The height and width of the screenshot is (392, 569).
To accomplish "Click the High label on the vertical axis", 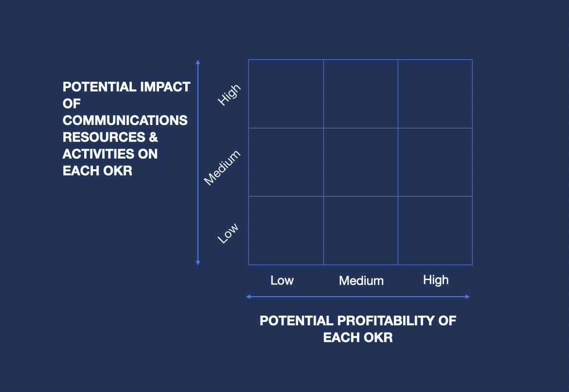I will pos(229,94).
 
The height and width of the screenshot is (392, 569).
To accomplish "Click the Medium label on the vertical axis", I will pos(222,168).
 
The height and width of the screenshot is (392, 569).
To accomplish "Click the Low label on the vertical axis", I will pos(228,233).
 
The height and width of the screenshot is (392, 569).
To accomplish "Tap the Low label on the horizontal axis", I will pos(282,280).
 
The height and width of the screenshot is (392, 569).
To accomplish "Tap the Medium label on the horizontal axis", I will pos(361,281).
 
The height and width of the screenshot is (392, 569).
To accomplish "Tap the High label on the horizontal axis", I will pos(436,280).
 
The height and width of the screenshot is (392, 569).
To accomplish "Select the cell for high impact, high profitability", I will pos(435,94).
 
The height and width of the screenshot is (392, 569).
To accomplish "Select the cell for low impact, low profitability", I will pos(286,230).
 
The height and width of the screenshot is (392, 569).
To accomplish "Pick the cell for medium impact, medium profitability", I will pos(360,162).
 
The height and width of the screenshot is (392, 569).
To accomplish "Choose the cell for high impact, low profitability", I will pos(286,94).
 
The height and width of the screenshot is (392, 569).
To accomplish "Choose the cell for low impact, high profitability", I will pos(435,230).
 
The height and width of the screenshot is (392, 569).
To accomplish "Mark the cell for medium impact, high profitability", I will pos(435,162).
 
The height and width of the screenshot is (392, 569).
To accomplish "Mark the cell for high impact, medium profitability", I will pos(360,94).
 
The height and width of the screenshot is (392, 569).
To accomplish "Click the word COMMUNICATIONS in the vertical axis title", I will pos(125,120).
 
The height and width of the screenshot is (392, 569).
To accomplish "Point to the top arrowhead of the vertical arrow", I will pos(198,62).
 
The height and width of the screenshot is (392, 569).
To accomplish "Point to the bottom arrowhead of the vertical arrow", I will pos(198,263).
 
